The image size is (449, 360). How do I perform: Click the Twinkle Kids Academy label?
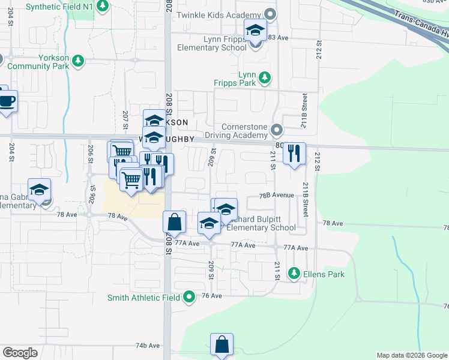[x=219, y=13]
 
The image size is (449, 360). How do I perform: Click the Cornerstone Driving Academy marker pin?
[x=277, y=130]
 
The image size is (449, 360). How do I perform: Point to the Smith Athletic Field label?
[x=144, y=298]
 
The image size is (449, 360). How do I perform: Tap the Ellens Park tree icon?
[x=294, y=274]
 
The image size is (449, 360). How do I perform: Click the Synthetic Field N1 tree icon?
[x=103, y=5]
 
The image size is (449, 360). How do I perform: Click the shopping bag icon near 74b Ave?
[x=221, y=344]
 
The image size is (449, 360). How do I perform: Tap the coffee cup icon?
[x=7, y=100]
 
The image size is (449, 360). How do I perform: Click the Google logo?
[x=20, y=353]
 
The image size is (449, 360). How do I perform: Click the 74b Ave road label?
[x=148, y=346]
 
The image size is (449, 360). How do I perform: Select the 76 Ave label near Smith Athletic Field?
[x=212, y=296]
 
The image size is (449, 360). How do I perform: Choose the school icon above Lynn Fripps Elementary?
[x=256, y=30]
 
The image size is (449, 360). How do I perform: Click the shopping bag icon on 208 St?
[x=173, y=221]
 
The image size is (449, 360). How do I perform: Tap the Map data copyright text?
[x=412, y=355]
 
